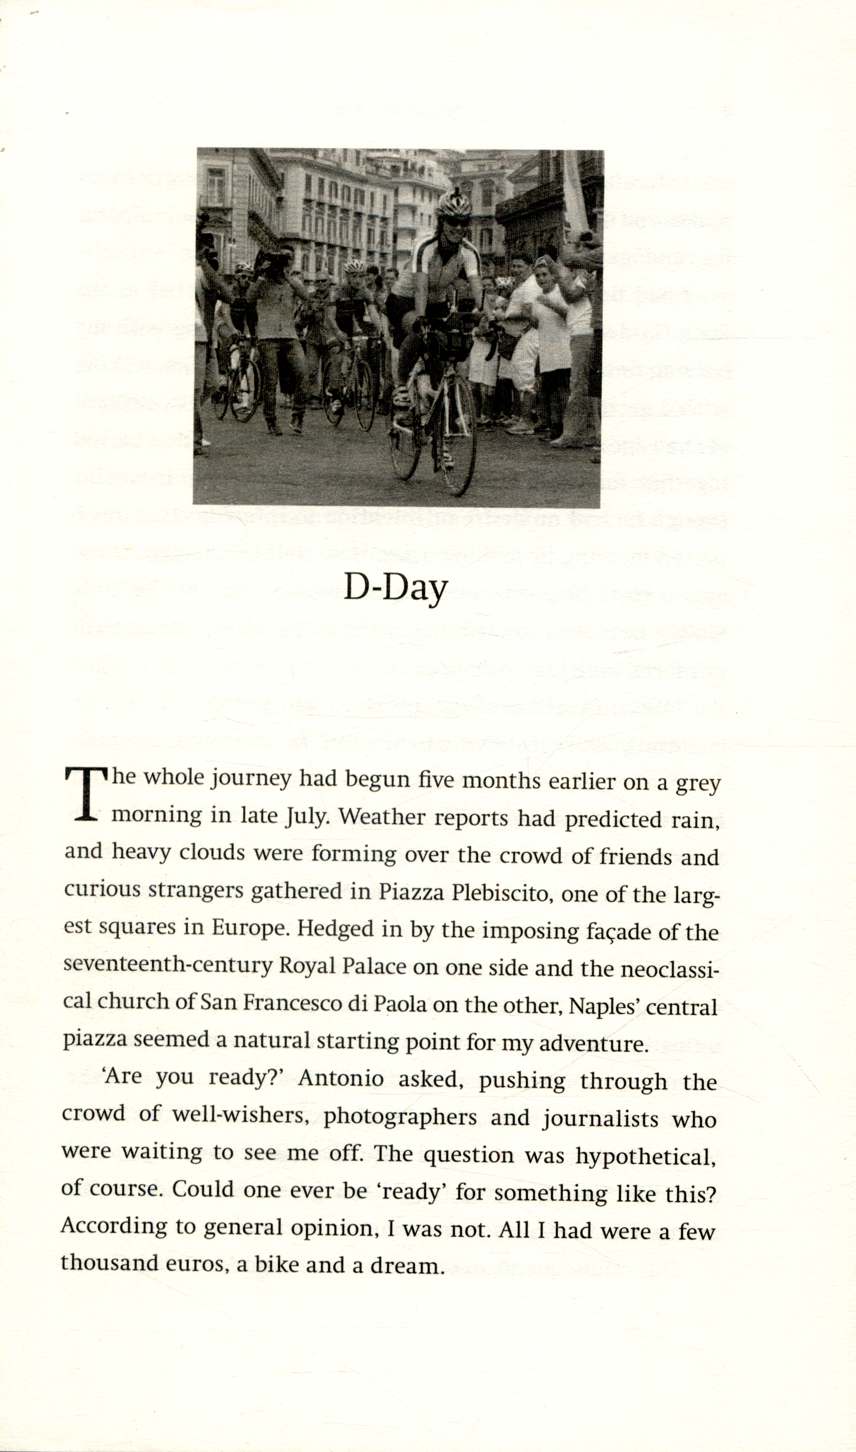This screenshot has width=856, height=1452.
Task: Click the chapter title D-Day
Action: tap(396, 588)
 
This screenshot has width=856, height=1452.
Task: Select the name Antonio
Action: tap(341, 1079)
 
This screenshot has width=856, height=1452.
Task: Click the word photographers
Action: tap(400, 1117)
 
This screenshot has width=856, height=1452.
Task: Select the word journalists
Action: tap(601, 1119)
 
